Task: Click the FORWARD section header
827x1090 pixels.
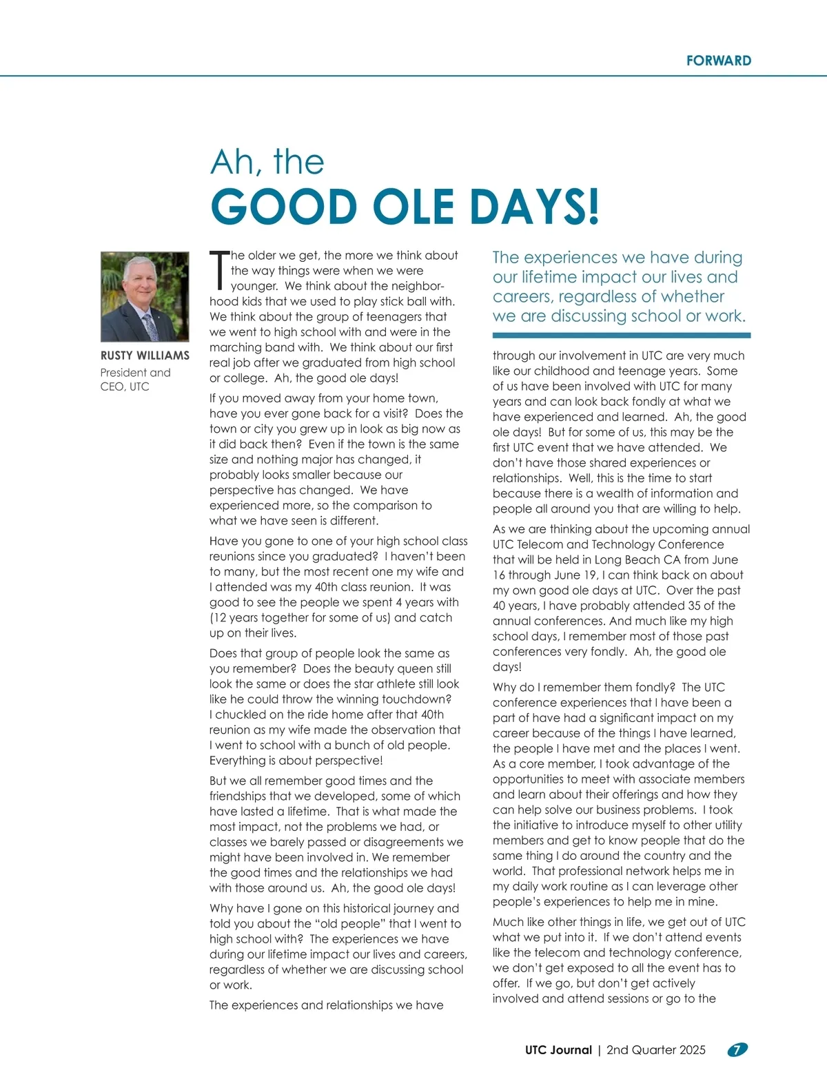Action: tap(718, 61)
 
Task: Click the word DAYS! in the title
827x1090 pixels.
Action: tap(535, 207)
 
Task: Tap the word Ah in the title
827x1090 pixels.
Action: tap(232, 163)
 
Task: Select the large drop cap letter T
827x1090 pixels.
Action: tap(219, 270)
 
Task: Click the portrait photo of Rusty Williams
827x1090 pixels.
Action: tap(145, 296)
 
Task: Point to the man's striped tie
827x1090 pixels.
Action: tap(150, 327)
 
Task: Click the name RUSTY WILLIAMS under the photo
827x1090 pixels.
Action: tap(145, 356)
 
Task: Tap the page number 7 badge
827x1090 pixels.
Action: tap(737, 1050)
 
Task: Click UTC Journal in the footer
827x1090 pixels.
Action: tap(558, 1050)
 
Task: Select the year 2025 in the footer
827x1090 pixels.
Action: tap(692, 1050)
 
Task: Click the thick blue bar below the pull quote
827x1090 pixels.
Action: tap(621, 336)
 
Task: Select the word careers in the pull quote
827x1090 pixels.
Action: tap(522, 297)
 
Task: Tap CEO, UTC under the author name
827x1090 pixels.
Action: tap(125, 387)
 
